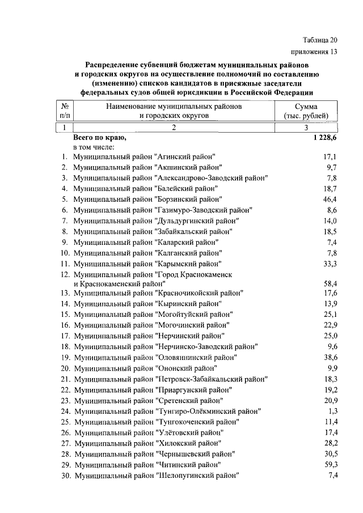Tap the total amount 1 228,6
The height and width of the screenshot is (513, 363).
(324, 138)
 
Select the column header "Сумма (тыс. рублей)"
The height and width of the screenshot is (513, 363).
(306, 111)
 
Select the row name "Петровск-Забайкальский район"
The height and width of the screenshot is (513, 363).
(171, 379)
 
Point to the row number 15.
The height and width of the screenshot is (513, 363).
(65, 314)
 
